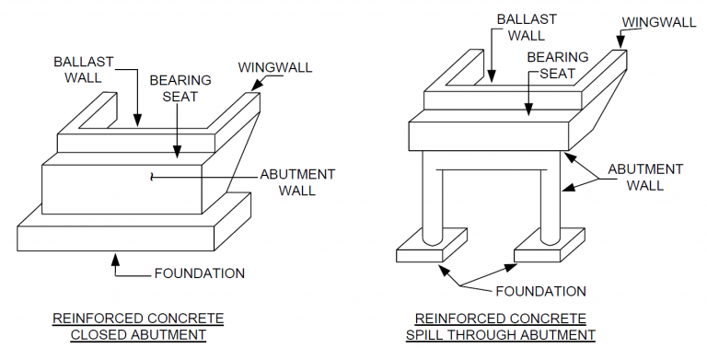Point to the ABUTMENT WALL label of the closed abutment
[x=297, y=182]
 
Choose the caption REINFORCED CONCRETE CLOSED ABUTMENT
[x=138, y=327]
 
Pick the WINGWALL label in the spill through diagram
[x=657, y=21]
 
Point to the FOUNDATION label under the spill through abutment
[x=540, y=292]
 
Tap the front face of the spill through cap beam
[x=488, y=135]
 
